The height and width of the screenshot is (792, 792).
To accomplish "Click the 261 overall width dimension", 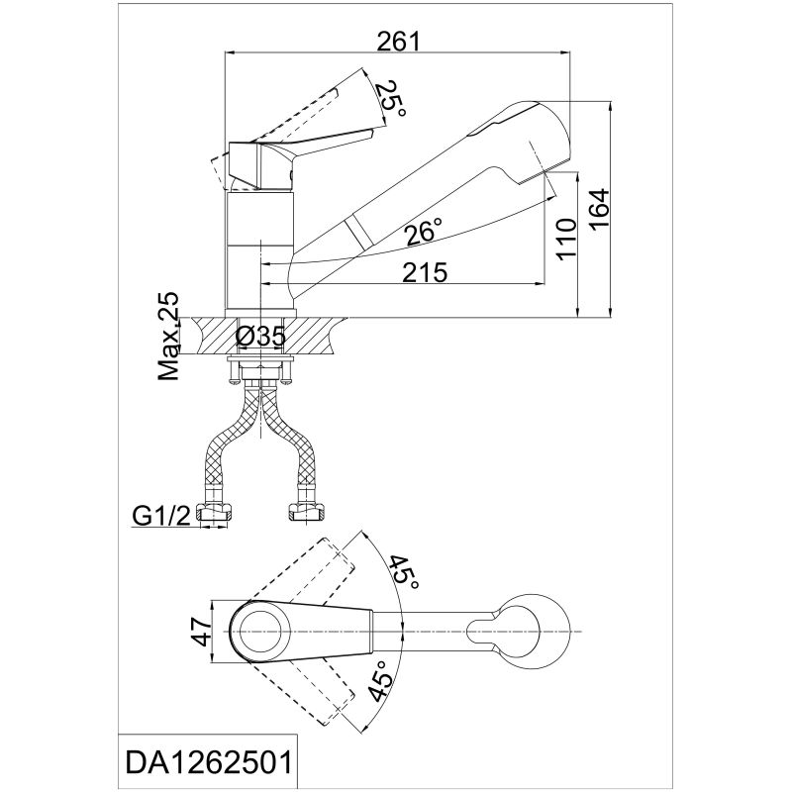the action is pos(399,42).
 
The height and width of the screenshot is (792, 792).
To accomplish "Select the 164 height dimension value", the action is pos(600,209).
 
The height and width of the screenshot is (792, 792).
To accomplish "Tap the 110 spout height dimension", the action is pos(566,239).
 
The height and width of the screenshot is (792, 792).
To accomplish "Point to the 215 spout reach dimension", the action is pos(425,273).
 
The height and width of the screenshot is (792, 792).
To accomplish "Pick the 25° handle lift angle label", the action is pos(392,99).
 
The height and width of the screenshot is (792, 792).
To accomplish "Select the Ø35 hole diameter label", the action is pos(261,336).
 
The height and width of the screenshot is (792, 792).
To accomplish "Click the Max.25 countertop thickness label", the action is pos(168,337).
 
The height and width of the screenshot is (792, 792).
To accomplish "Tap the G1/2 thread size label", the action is pos(161,516).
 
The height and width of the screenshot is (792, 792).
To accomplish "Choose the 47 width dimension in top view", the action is pos(205,632).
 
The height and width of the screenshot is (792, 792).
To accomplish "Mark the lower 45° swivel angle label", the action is pos(381,682).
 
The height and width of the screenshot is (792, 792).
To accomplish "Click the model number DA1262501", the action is pos(209,762).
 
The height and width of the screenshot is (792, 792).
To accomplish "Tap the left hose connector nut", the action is pos(216,514).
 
